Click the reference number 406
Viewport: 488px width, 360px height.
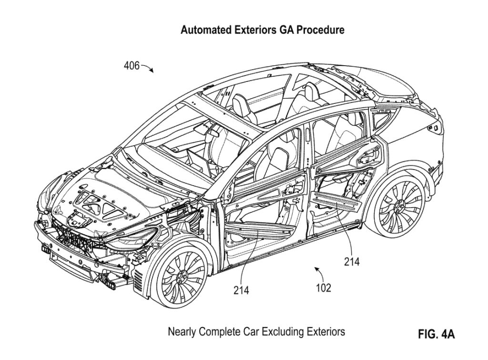(132, 66)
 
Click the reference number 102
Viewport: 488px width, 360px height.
(323, 288)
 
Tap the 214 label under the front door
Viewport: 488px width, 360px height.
(241, 290)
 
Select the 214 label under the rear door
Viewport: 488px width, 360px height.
(352, 261)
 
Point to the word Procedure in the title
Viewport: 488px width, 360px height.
(321, 30)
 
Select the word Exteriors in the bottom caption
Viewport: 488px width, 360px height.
(324, 331)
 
